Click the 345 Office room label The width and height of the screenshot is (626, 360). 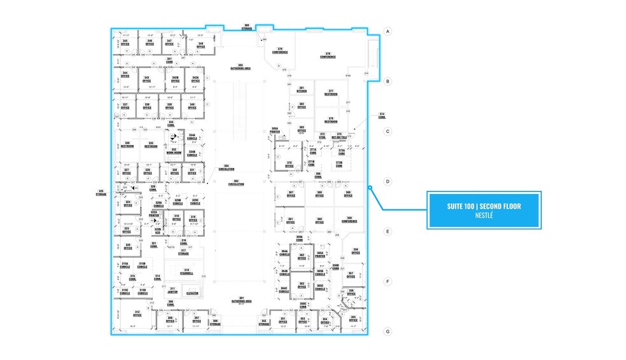(x=126, y=43)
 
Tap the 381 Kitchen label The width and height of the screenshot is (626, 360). (x=302, y=90)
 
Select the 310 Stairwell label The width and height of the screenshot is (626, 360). (x=186, y=272)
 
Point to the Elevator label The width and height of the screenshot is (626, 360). (x=192, y=293)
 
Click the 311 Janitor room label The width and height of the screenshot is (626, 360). (x=172, y=290)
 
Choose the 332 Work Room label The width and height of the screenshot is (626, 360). (x=173, y=151)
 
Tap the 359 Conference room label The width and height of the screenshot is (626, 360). (x=349, y=220)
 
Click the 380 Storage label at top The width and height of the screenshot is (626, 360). (x=246, y=27)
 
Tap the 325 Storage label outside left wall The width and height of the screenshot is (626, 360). (x=101, y=192)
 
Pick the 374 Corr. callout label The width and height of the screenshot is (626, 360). (x=382, y=115)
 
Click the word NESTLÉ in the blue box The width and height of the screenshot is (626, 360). (x=484, y=216)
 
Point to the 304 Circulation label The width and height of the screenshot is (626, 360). (x=226, y=169)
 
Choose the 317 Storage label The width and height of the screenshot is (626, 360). (x=183, y=253)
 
